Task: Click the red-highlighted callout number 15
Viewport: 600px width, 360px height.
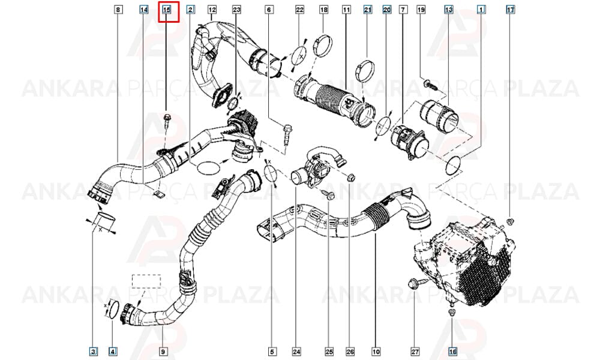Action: tap(166, 10)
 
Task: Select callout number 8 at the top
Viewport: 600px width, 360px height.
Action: tap(119, 10)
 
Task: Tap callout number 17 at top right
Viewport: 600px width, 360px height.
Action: tap(511, 10)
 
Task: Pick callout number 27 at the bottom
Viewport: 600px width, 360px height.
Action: tap(415, 351)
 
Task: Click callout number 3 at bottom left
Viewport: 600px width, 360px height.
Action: tap(94, 351)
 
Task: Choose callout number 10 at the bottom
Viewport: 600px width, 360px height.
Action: tap(376, 351)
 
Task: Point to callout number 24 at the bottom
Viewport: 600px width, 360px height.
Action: tap(296, 351)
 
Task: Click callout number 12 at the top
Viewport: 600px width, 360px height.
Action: tap(212, 10)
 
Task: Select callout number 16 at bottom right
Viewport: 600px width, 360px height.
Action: tap(452, 351)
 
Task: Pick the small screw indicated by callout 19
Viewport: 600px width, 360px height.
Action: tap(430, 84)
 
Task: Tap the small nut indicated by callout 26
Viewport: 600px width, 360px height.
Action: tap(351, 177)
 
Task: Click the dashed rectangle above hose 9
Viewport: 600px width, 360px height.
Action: tap(146, 281)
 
